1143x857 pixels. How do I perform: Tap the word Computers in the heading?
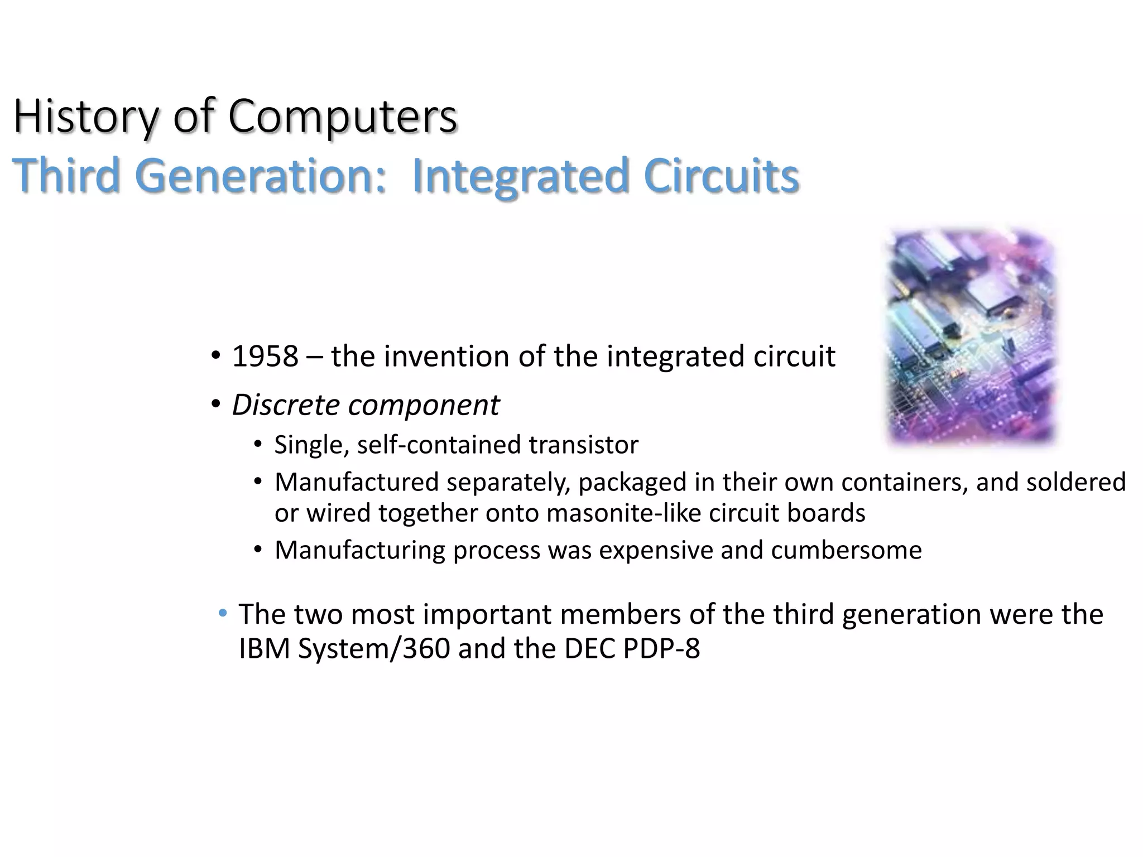pos(343,117)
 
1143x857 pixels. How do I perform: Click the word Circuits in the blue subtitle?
pos(721,176)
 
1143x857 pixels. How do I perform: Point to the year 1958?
pos(265,357)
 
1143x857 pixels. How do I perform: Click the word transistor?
pos(583,445)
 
